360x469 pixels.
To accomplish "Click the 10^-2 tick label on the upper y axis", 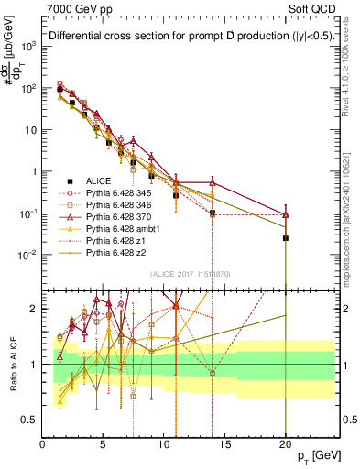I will [26, 255].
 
